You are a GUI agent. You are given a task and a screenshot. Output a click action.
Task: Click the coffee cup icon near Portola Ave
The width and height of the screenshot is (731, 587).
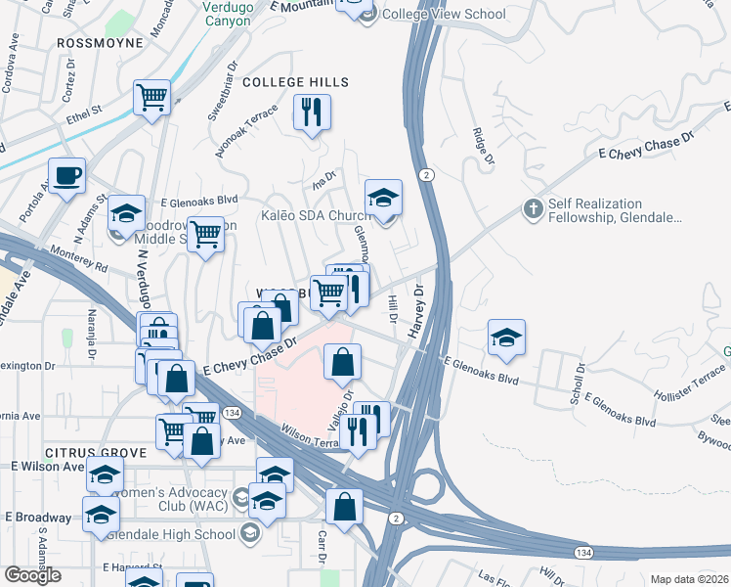[x=67, y=176]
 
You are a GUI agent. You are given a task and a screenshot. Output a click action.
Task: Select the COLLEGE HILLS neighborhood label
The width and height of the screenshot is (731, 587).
[x=288, y=82]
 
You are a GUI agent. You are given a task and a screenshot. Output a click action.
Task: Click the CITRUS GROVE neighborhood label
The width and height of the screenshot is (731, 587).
[x=94, y=453]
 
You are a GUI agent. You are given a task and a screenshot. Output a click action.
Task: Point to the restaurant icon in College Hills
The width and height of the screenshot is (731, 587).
[x=313, y=113]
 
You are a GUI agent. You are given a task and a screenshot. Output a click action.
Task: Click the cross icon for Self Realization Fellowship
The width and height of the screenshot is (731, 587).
[x=533, y=208]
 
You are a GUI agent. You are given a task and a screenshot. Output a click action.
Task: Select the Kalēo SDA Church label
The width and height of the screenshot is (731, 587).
[x=315, y=215]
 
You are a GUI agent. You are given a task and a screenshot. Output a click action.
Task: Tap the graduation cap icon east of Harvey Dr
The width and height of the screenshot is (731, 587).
[x=507, y=337]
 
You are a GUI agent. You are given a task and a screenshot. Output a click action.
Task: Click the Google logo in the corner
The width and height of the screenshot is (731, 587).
[x=32, y=575]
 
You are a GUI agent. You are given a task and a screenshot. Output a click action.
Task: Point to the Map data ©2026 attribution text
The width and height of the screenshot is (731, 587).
[x=689, y=579]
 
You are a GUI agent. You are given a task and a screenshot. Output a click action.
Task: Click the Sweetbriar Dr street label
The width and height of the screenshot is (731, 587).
[x=221, y=94]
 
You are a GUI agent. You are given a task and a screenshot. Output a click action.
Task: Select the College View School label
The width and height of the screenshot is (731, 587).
[x=443, y=14]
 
